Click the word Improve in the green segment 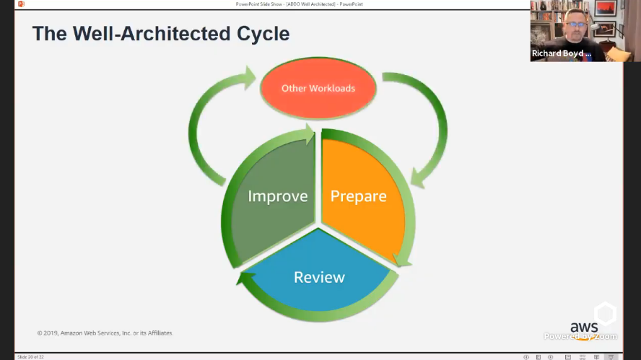tap(277, 196)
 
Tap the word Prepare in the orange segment tap(358, 196)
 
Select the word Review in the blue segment tap(319, 277)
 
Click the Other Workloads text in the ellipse tap(318, 88)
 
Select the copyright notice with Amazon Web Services tap(105, 333)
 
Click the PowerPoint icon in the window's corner tap(21, 4)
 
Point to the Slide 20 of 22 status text tap(30, 356)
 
